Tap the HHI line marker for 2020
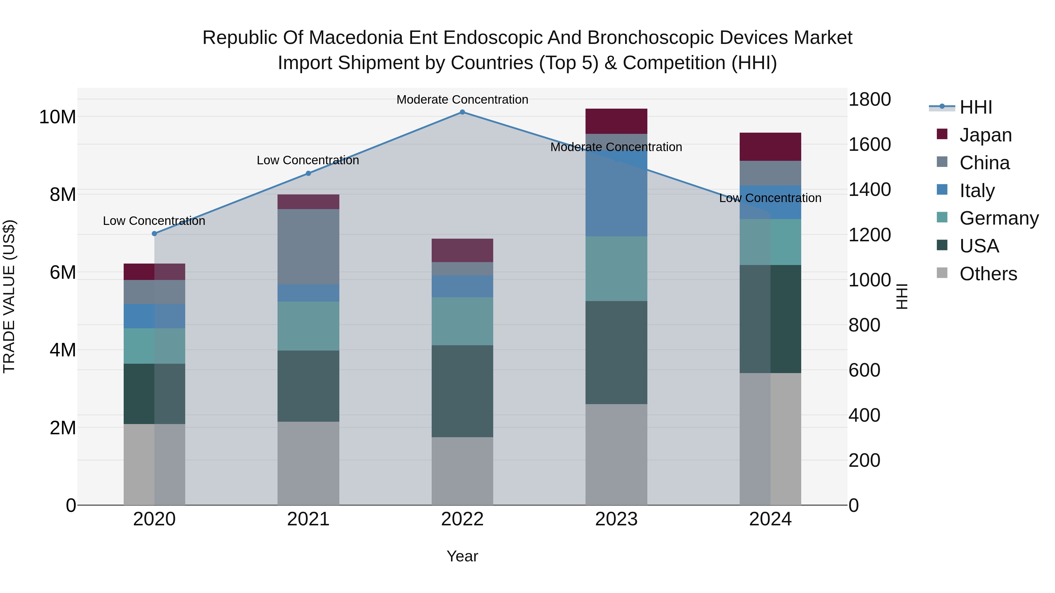(x=154, y=234)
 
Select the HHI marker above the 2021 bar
(x=308, y=174)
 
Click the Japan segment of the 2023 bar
(x=616, y=121)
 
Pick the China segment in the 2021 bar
(x=308, y=247)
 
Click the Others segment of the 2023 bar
(x=616, y=454)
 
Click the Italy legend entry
(x=976, y=191)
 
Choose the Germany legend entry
(x=998, y=218)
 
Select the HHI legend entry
(x=976, y=107)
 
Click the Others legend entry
(x=988, y=274)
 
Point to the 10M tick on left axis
(x=57, y=117)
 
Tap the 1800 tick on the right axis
(x=869, y=100)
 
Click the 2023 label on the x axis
(x=616, y=519)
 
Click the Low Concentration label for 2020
(x=154, y=221)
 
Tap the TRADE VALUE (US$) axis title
(x=9, y=296)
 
